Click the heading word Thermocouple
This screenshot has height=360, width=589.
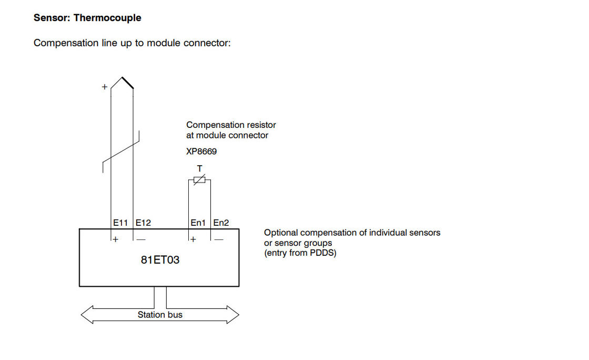tap(107, 18)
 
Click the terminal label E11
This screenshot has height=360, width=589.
tap(120, 223)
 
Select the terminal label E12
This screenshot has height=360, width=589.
tap(143, 223)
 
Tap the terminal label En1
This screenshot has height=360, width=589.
tap(198, 223)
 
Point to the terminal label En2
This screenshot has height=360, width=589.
tap(221, 223)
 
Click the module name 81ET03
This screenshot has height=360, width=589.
tap(160, 259)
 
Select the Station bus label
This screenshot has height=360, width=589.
tap(160, 315)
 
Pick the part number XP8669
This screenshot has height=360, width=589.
tap(201, 152)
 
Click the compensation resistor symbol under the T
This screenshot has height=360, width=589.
tap(199, 180)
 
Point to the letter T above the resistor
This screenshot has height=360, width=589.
tap(199, 168)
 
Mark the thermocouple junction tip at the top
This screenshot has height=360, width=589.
tap(123, 78)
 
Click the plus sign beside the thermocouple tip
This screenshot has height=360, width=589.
tap(104, 87)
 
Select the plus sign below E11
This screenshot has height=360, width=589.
tap(116, 239)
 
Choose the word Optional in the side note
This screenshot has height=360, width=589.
tap(281, 232)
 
